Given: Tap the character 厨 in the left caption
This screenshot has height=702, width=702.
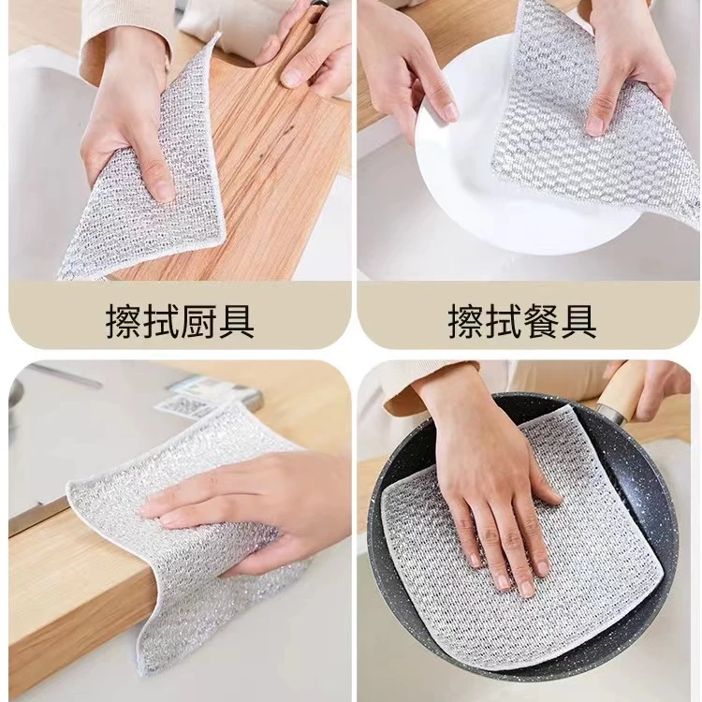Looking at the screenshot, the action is pyautogui.click(x=198, y=321).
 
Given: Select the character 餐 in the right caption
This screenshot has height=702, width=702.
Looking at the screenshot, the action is pyautogui.click(x=540, y=321).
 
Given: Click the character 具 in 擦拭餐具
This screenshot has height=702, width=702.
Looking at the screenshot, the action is pyautogui.click(x=578, y=321).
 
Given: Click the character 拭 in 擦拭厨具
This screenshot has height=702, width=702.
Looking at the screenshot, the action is pyautogui.click(x=161, y=321).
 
